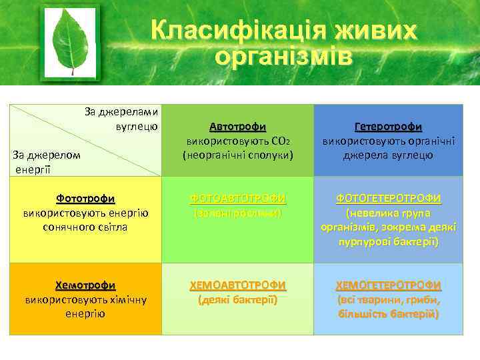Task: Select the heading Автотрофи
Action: point(237,127)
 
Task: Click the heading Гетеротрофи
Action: point(388,127)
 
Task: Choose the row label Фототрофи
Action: point(85,199)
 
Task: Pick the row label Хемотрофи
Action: point(85,285)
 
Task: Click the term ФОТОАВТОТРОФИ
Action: point(237,199)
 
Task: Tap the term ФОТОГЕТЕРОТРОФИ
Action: point(388,199)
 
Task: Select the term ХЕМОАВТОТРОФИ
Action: point(237,285)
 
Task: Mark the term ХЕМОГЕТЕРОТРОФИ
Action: point(388,285)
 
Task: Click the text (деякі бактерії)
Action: point(237,300)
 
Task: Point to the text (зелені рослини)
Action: point(237,213)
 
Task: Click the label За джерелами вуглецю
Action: point(121,118)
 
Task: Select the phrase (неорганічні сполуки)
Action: point(237,155)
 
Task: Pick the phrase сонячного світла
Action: point(85,227)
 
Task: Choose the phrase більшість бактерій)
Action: point(388,314)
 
